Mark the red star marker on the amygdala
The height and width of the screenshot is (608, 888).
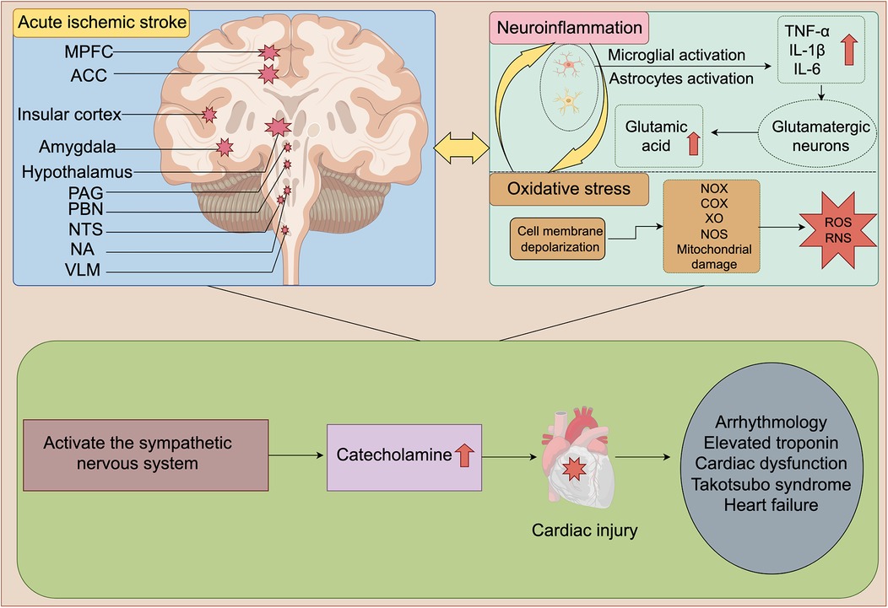tap(224, 148)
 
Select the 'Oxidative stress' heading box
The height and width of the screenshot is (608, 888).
tap(570, 189)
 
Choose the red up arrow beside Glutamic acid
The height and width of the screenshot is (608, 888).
tap(694, 143)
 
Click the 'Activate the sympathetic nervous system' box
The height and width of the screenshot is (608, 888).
tap(140, 454)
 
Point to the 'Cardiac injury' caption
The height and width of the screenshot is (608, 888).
tap(572, 532)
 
